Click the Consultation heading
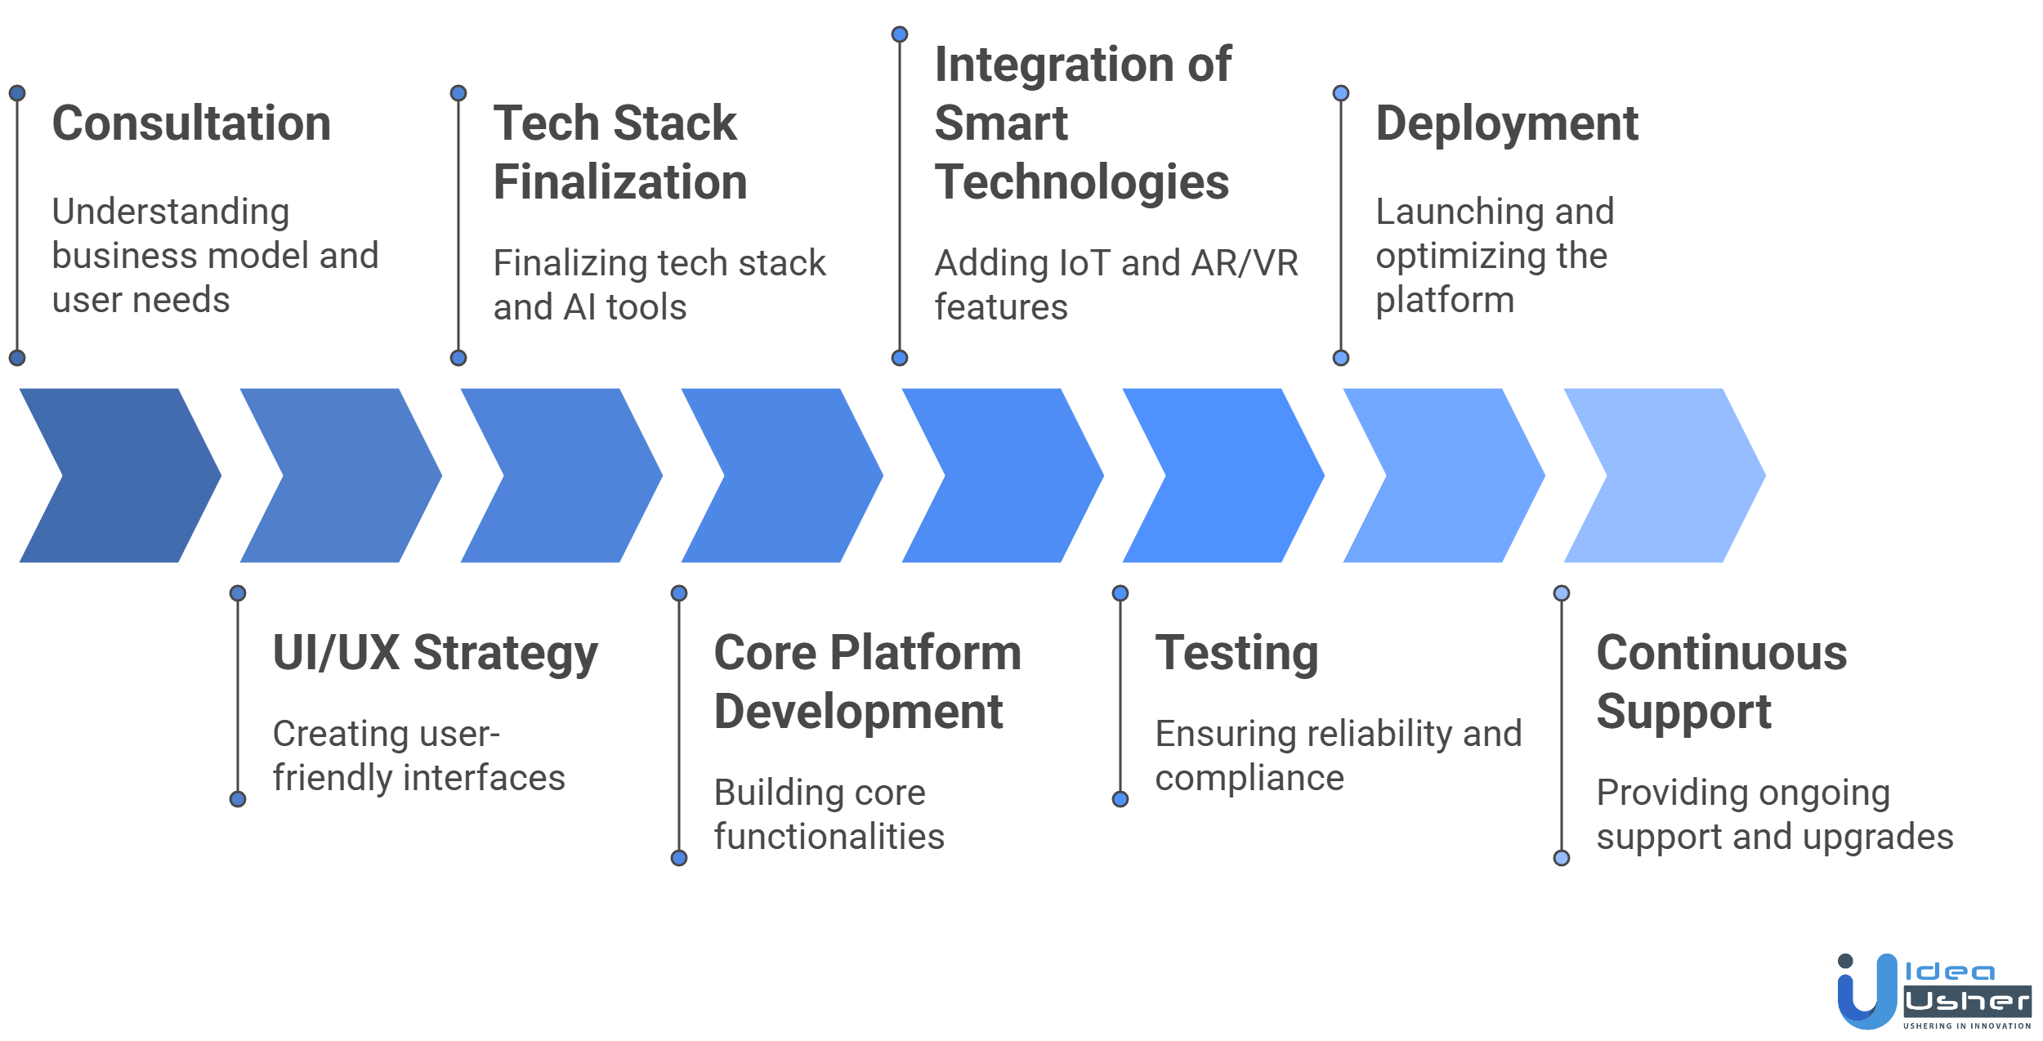click(x=191, y=123)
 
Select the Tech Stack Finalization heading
click(x=619, y=152)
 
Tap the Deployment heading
click(x=1507, y=123)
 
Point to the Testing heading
click(x=1236, y=653)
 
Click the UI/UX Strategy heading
click(x=435, y=653)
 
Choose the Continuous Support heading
click(x=1721, y=681)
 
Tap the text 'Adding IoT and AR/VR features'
click(x=1115, y=284)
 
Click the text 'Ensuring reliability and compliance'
click(x=1338, y=755)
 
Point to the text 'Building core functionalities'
click(x=829, y=814)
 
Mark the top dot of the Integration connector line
click(x=899, y=34)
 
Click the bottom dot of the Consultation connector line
click(x=17, y=358)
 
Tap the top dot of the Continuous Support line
click(x=1561, y=593)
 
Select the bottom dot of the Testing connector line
click(x=1120, y=799)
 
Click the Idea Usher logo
click(x=1933, y=990)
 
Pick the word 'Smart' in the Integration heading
click(x=1001, y=123)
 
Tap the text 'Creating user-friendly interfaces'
click(x=418, y=755)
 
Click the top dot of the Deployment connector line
click(x=1340, y=93)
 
